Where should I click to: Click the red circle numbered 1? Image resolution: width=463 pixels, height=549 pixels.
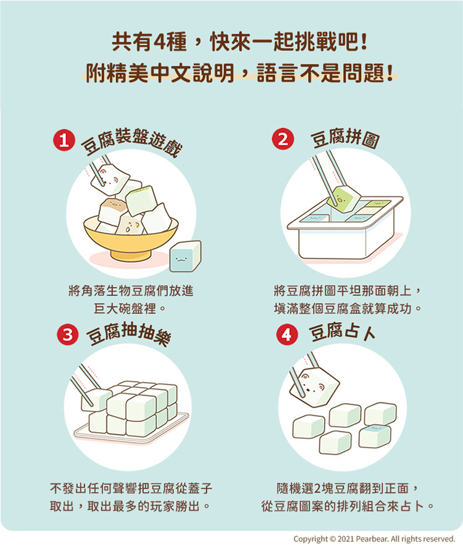click(x=64, y=140)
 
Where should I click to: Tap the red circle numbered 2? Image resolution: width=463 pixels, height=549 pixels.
click(x=283, y=139)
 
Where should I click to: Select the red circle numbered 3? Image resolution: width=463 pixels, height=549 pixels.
click(x=67, y=334)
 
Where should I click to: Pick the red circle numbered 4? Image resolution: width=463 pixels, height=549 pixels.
click(x=287, y=334)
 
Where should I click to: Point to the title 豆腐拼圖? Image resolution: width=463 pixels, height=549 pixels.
click(x=345, y=138)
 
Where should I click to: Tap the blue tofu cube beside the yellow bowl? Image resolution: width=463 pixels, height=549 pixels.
click(x=185, y=257)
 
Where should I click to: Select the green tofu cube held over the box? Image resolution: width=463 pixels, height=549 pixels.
click(x=343, y=199)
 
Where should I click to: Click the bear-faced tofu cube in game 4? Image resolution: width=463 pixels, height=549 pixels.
click(x=314, y=386)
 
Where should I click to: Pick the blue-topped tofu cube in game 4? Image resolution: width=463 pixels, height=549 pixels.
click(x=375, y=436)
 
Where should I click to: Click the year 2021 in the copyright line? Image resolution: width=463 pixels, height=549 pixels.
click(x=345, y=539)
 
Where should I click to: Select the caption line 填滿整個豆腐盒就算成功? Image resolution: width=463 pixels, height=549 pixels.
click(x=348, y=309)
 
